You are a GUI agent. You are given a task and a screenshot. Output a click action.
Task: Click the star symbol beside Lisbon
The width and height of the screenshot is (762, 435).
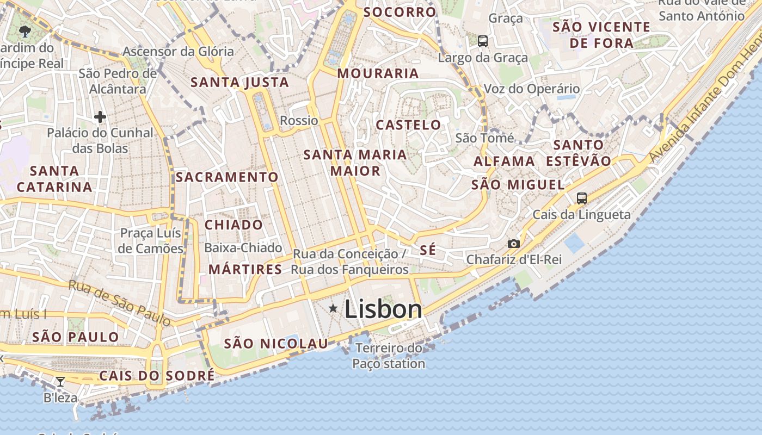tap(333, 309)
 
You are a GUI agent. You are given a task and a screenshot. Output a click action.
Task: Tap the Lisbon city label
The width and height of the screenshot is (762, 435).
tap(383, 309)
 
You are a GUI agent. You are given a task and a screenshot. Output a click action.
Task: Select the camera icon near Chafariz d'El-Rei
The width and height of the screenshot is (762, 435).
tap(513, 244)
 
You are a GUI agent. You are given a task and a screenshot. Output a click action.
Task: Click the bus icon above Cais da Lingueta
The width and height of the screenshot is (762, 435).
tap(582, 198)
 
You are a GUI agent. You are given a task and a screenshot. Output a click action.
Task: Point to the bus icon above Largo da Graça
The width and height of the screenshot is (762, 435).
tap(482, 41)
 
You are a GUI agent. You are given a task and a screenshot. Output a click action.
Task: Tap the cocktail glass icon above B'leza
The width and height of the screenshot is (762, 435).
tap(60, 382)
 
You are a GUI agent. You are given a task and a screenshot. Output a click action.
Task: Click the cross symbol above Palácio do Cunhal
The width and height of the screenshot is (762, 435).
tap(100, 116)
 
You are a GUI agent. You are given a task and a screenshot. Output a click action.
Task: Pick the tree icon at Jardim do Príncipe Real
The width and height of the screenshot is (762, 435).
tap(24, 31)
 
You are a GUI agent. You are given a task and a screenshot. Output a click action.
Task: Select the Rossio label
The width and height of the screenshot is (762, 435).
tap(299, 120)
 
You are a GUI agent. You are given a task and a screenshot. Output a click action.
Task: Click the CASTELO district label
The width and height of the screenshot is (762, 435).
tap(409, 125)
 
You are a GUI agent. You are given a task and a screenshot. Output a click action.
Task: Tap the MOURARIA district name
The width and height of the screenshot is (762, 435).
tap(378, 73)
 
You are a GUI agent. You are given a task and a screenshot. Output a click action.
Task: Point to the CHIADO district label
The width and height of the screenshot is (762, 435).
tap(233, 225)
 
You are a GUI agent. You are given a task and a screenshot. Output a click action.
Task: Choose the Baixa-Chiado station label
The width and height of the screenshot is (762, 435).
tap(243, 248)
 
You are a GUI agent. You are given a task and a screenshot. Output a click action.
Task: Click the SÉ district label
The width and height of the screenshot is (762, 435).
tap(428, 250)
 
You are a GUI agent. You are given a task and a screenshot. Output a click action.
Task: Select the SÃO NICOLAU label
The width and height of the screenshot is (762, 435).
tap(276, 344)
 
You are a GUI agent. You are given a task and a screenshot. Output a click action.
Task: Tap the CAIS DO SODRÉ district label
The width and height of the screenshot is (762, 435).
tap(157, 376)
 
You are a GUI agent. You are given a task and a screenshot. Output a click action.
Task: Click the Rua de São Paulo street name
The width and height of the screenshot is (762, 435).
tap(120, 303)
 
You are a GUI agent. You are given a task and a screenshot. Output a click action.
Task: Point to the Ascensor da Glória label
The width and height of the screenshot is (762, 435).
tap(178, 52)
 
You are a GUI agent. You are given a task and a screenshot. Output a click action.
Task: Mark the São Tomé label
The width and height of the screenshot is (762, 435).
tap(484, 138)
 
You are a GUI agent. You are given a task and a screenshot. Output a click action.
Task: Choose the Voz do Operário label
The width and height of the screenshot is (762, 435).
tap(532, 89)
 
